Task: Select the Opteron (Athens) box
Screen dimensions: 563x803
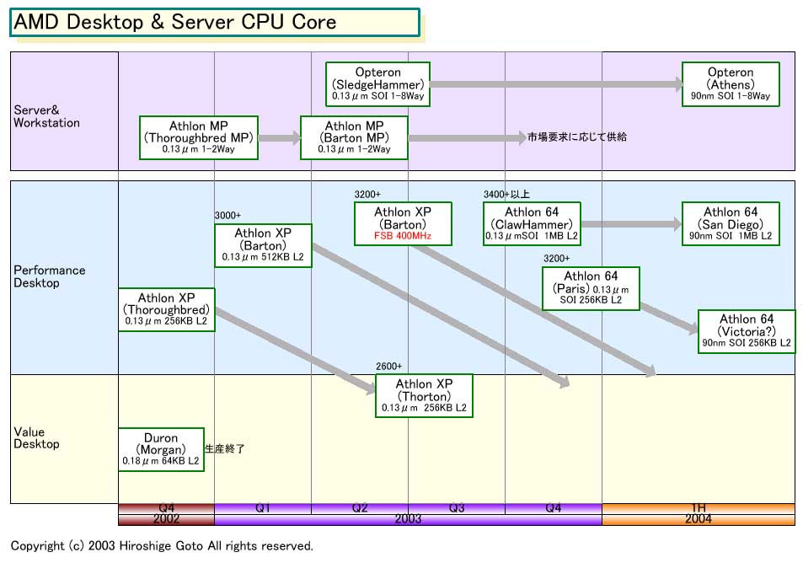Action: coord(731,84)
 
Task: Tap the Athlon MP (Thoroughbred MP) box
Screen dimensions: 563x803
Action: coord(199,137)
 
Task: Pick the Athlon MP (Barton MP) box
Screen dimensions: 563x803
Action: coord(354,137)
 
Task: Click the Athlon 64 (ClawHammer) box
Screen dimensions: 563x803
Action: coord(533,224)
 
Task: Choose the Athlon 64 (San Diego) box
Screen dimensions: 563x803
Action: coord(731,224)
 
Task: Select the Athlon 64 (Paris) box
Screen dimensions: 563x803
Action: coord(591,288)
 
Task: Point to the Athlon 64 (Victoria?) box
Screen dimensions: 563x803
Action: coord(746,331)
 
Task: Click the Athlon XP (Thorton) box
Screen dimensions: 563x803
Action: coord(424,395)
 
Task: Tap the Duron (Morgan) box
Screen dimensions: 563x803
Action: coord(161,449)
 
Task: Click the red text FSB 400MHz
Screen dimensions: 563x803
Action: coord(403,237)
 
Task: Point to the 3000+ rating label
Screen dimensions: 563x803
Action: coord(228,216)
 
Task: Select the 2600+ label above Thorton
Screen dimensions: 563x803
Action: coord(388,366)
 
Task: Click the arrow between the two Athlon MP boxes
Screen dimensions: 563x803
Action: coord(279,137)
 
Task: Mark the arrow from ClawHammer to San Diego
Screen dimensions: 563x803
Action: coord(630,224)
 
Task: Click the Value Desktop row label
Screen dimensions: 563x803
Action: coord(36,438)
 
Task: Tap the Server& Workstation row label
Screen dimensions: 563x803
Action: coord(46,116)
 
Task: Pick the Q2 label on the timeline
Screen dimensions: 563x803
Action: coord(360,508)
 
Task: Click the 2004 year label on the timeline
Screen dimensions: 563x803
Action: coord(698,519)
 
